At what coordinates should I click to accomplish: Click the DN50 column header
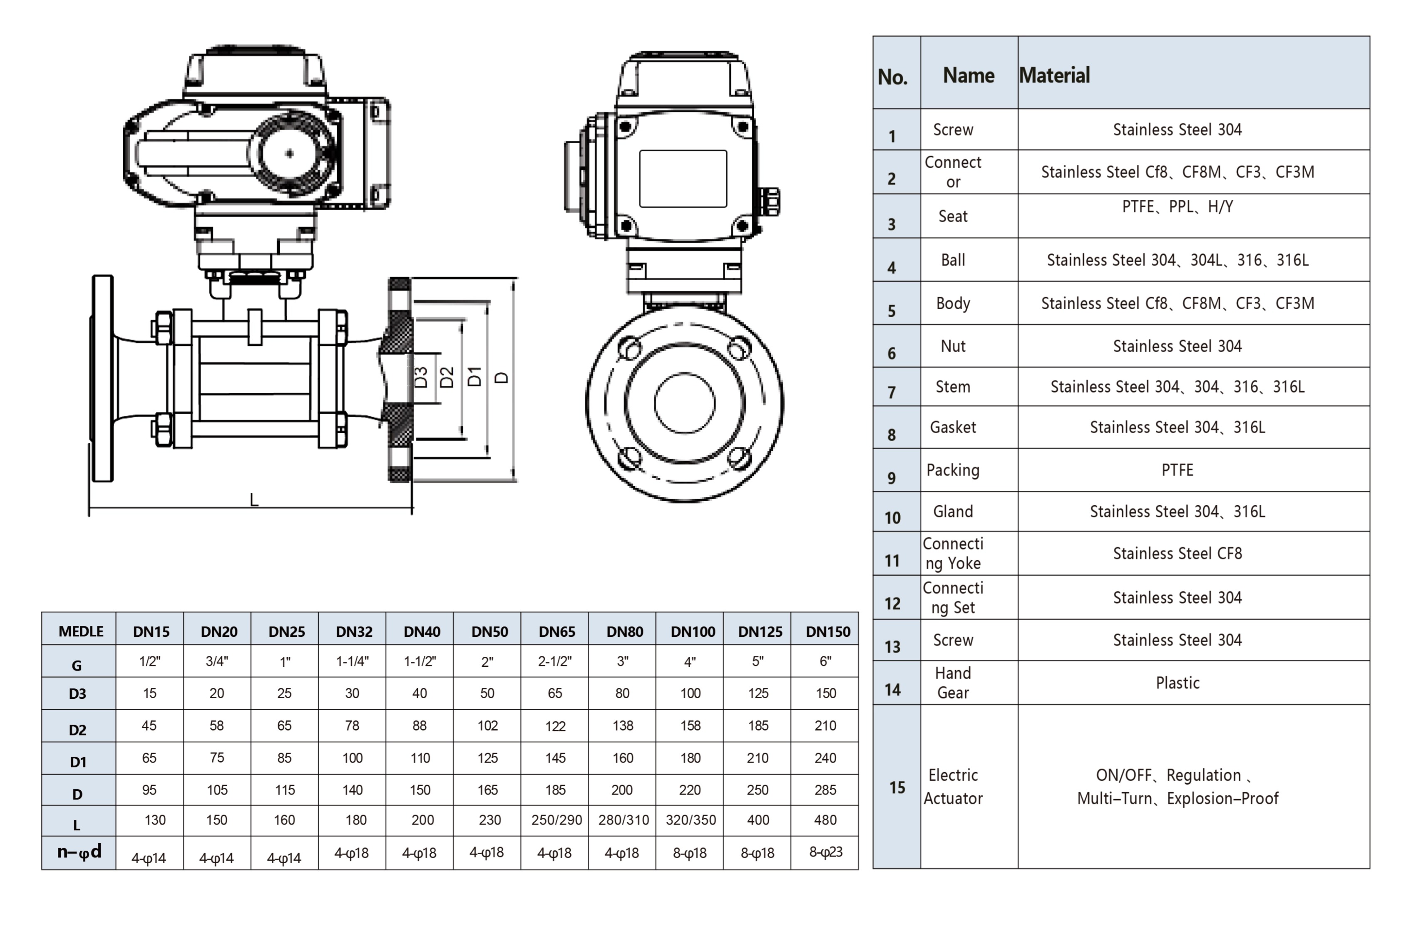click(489, 631)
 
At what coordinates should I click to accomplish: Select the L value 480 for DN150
click(825, 820)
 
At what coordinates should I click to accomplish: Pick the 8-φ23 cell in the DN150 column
click(825, 852)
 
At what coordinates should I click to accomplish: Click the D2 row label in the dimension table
click(77, 730)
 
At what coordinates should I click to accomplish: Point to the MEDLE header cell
click(81, 631)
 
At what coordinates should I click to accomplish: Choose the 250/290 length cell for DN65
click(556, 820)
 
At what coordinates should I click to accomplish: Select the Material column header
click(1054, 76)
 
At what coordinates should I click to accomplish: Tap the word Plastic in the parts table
click(1177, 683)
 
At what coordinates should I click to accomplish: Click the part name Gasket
click(953, 427)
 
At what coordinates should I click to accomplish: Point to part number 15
click(897, 787)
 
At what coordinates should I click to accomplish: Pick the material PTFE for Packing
click(1177, 470)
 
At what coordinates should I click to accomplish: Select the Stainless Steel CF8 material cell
click(1177, 554)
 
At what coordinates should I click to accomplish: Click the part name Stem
click(953, 387)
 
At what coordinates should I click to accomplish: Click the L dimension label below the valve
click(254, 500)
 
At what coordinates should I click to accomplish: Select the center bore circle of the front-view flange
click(684, 403)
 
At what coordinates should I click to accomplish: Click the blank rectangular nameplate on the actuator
click(683, 179)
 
